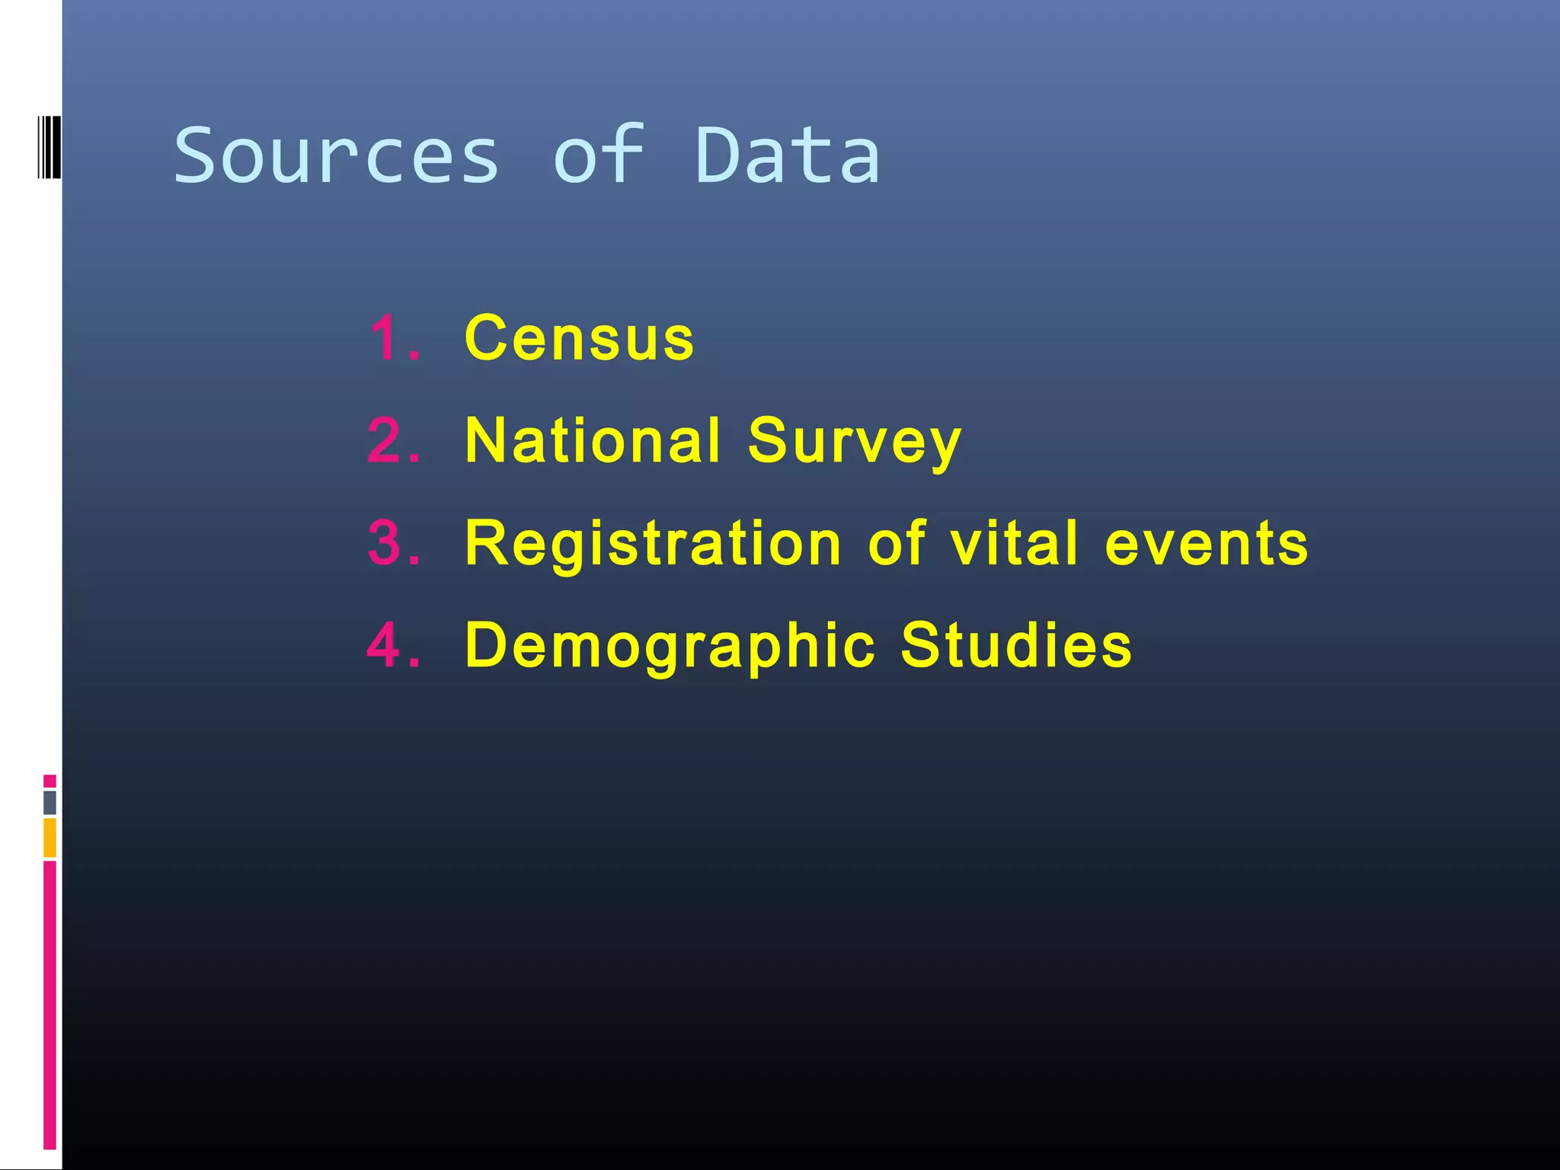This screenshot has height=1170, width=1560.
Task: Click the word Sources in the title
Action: click(x=336, y=156)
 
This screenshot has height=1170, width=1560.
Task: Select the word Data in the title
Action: click(x=788, y=156)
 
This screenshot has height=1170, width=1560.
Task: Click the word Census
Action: click(x=579, y=338)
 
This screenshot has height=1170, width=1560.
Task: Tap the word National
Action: click(x=593, y=441)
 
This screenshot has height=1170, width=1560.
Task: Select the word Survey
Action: click(x=854, y=443)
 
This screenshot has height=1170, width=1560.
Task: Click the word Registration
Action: click(x=653, y=545)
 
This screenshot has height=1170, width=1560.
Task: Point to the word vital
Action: click(x=1014, y=543)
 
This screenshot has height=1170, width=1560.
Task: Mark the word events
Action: click(x=1207, y=545)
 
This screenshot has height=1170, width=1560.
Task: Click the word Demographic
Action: click(x=670, y=647)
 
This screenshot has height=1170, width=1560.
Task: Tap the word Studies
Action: click(x=1016, y=645)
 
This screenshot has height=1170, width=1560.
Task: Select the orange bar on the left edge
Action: click(x=50, y=837)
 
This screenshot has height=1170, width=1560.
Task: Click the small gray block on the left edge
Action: click(x=50, y=803)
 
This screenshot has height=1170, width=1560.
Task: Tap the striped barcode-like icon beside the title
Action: click(x=49, y=147)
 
